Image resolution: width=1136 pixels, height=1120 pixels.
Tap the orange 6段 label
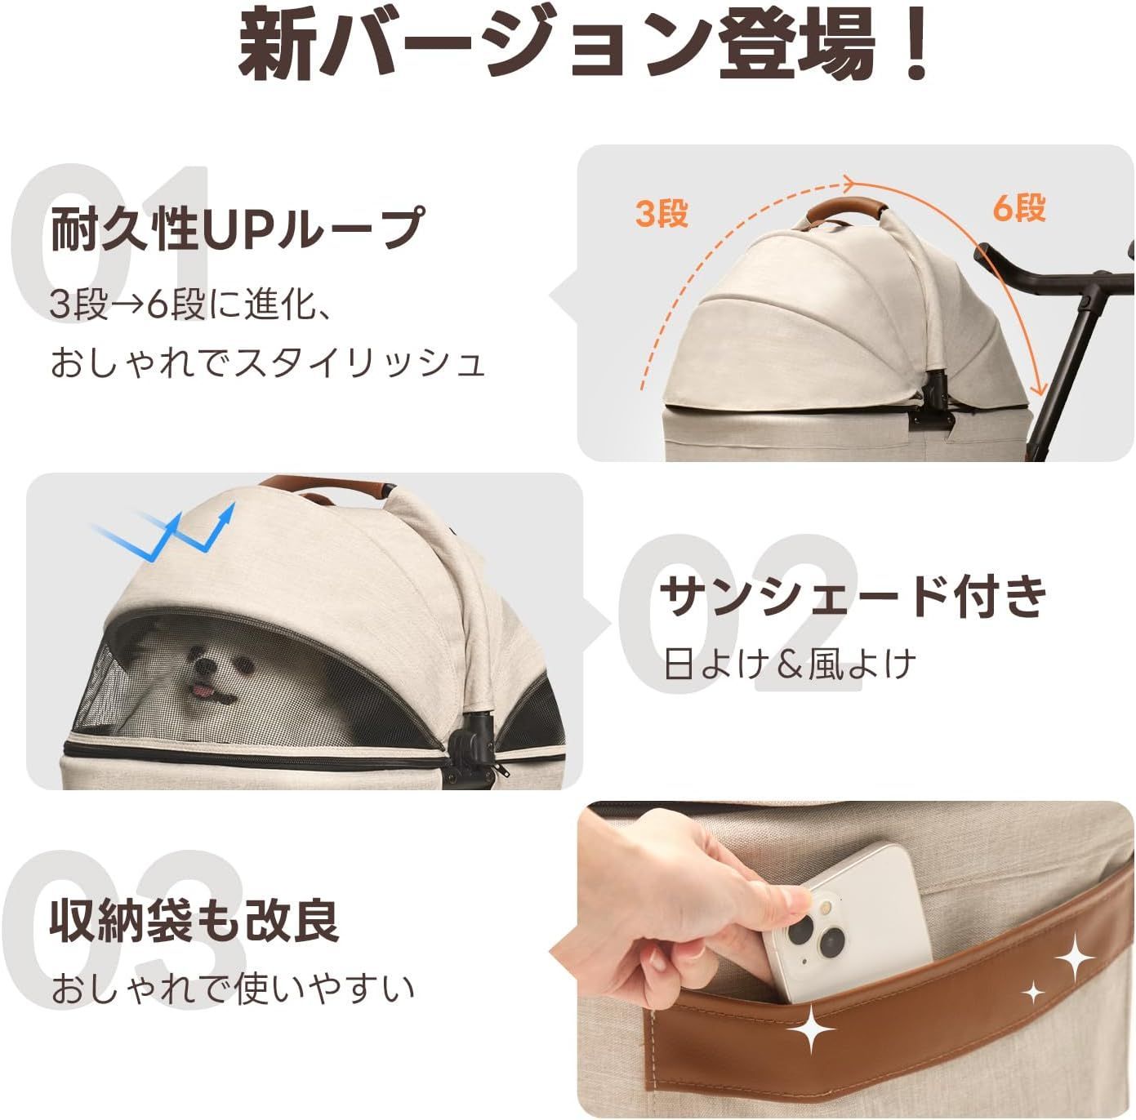[1018, 209]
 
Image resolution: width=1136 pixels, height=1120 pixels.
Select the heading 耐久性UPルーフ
[238, 229]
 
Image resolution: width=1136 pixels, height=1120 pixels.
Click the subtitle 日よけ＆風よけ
[790, 664]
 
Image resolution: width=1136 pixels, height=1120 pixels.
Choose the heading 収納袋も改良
[194, 920]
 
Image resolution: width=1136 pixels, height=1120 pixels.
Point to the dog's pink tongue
[198, 693]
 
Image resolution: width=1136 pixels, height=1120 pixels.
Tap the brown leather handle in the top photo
[844, 211]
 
